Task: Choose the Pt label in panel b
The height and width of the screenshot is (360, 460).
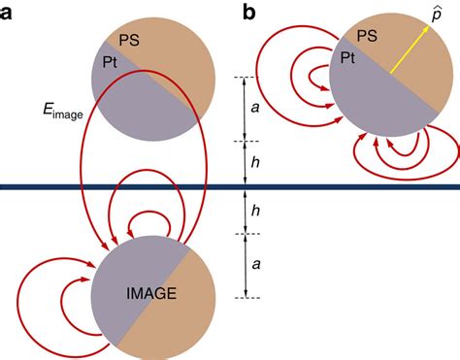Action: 346,57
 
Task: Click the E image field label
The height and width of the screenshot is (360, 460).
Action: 46,115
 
